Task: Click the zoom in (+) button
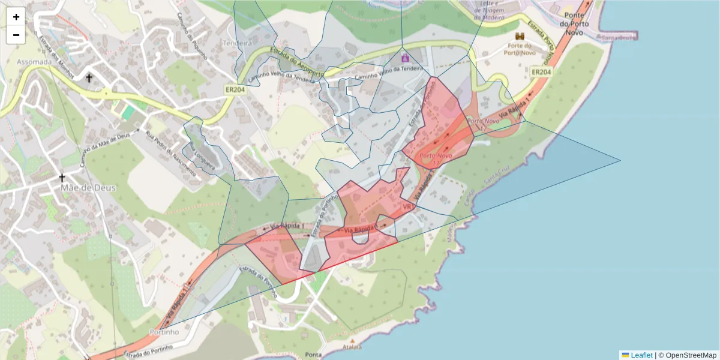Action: pos(16,17)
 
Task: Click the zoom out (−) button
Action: pos(16,35)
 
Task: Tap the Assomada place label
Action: pos(34,62)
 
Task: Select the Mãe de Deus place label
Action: pos(88,188)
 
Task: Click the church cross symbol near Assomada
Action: pos(89,78)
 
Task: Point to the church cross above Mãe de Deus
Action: pos(62,178)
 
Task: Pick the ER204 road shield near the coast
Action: pos(541,72)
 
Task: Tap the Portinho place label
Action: pos(164,332)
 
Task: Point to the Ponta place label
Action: pos(313,355)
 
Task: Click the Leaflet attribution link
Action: pos(641,355)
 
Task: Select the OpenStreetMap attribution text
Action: pos(691,355)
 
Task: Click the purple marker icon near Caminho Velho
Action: pos(405,58)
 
